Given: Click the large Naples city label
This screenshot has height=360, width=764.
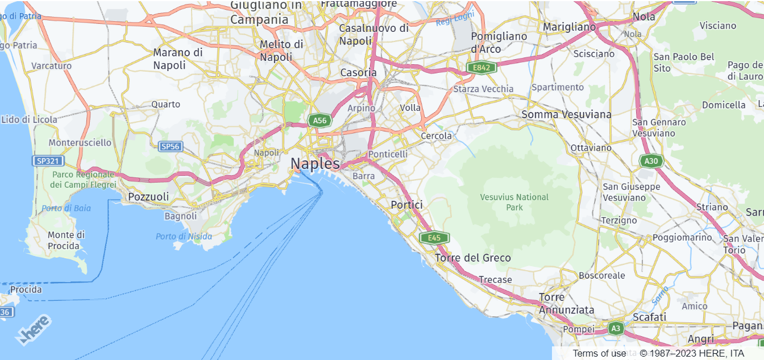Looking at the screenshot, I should [315, 164].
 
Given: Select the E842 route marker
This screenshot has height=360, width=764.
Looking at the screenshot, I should [481, 68].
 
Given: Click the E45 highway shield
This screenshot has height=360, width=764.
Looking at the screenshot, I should [434, 238].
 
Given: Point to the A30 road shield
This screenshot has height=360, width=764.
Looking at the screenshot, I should [651, 161].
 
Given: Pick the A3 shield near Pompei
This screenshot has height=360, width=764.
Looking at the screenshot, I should [616, 328].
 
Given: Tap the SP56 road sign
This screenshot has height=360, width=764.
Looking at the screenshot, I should [171, 147].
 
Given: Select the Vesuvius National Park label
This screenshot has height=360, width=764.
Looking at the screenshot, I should [514, 202].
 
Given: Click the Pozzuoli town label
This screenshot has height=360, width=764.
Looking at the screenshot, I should [149, 197].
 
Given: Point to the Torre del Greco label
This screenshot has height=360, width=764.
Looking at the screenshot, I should [473, 258].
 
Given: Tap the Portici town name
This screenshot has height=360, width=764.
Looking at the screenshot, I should [406, 205].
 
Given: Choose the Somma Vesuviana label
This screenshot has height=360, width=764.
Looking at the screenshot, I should [566, 114].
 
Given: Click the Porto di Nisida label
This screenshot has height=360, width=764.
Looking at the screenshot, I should [184, 237].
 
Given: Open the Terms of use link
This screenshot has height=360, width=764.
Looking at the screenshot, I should [599, 353].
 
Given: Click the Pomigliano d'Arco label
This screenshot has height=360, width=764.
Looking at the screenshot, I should [491, 42].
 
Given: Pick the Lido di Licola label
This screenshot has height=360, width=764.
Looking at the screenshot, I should [30, 119].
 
